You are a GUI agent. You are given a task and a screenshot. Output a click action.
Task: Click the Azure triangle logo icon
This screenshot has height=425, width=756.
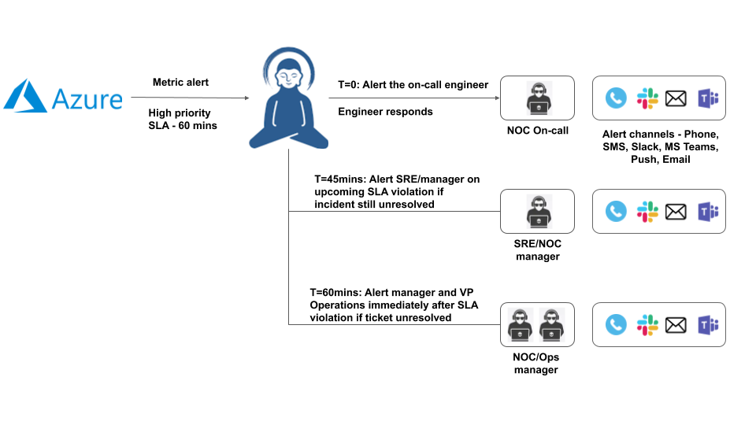(x=25, y=95)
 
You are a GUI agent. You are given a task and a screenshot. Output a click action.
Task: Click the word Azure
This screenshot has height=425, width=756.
(x=87, y=99)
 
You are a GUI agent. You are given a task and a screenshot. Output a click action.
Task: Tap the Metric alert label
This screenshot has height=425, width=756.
(x=181, y=83)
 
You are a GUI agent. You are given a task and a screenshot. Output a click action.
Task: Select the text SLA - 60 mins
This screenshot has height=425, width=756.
(x=183, y=125)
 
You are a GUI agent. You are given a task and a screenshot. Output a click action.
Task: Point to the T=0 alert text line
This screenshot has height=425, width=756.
(x=413, y=84)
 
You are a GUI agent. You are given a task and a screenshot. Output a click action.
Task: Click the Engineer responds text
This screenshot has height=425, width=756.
(x=385, y=112)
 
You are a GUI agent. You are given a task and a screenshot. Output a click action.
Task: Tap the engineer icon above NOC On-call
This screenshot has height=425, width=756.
(x=538, y=98)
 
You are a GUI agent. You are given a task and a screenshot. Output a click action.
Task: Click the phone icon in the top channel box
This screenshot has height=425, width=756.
(x=616, y=98)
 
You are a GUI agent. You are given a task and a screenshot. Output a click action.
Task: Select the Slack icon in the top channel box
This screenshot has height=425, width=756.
(x=647, y=98)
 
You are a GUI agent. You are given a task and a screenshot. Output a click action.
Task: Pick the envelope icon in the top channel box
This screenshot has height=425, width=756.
(x=676, y=98)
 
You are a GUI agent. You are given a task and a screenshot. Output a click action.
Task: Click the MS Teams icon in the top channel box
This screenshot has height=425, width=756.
(x=706, y=98)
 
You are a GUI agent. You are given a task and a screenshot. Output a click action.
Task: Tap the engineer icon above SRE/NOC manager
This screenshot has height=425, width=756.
(x=538, y=212)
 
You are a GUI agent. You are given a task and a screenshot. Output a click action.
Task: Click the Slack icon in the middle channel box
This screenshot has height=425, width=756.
(x=647, y=211)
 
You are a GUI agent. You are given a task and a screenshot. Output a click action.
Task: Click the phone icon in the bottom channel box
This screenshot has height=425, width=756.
(x=616, y=324)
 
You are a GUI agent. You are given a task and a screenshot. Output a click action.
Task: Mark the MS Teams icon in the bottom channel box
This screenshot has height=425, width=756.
(x=706, y=324)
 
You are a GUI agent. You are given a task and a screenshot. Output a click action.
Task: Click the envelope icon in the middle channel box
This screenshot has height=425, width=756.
(x=676, y=211)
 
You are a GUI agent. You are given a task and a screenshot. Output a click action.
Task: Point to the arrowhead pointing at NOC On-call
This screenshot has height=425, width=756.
(x=497, y=98)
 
